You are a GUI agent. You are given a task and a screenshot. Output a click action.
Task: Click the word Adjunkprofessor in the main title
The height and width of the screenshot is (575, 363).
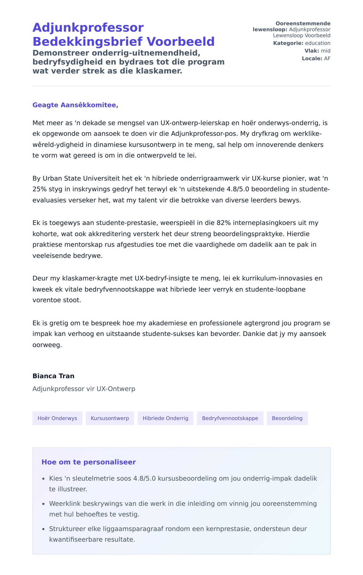88,28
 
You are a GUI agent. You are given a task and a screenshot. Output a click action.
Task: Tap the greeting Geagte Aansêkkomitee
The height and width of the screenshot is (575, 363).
75,105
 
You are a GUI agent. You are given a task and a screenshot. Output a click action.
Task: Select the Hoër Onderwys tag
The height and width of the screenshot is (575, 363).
57,418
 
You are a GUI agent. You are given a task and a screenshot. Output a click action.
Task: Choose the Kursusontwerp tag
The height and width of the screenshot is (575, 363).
110,418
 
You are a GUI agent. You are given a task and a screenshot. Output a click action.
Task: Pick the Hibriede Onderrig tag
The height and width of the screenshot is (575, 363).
165,418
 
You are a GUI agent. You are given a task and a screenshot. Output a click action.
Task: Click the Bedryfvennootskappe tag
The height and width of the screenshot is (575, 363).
230,418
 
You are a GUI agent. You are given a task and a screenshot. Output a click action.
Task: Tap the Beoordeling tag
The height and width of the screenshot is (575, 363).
287,418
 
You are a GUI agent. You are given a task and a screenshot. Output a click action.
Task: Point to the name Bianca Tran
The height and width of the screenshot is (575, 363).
53,376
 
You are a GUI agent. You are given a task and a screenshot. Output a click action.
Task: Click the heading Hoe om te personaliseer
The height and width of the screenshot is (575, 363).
89,462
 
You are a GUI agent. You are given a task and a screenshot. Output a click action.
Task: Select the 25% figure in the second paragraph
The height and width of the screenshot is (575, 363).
38,189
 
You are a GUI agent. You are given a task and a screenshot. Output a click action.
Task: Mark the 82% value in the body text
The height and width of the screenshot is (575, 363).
224,223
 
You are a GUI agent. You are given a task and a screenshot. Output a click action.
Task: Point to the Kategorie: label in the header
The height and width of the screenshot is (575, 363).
288,43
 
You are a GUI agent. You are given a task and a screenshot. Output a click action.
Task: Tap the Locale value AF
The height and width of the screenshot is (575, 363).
327,58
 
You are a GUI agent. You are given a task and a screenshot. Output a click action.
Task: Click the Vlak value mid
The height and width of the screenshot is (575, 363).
325,51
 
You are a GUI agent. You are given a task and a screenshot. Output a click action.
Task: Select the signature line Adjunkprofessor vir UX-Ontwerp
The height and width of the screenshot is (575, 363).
84,389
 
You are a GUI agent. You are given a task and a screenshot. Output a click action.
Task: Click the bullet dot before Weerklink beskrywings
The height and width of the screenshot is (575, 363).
43,504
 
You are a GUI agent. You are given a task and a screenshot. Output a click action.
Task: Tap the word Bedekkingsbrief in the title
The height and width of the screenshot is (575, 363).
87,42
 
